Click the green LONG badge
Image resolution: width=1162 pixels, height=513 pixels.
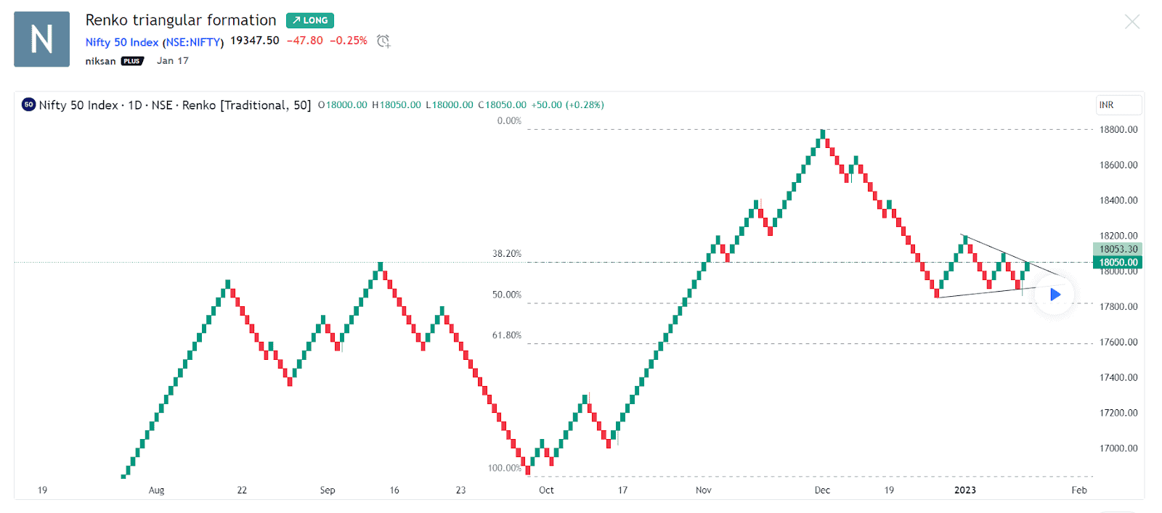[309, 20]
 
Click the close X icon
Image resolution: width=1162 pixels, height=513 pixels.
[1131, 22]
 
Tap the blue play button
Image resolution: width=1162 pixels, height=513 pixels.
[1055, 295]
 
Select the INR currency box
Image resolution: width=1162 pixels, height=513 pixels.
[1118, 105]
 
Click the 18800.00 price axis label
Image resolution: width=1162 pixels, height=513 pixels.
[1118, 130]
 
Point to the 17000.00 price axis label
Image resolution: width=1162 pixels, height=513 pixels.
[1118, 448]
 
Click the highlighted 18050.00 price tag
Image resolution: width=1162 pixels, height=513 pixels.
[1118, 263]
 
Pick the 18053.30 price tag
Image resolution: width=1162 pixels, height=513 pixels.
[1118, 249]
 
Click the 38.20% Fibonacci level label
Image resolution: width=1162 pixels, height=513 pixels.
[507, 254]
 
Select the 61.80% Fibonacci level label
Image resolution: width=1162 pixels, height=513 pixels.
[507, 335]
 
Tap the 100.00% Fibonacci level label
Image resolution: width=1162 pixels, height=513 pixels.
[505, 468]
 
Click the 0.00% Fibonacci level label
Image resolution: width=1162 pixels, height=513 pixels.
[509, 121]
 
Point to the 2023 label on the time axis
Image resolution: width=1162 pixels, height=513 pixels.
[964, 491]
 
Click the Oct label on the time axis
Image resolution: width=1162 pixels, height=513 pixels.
[546, 491]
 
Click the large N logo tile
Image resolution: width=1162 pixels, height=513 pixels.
[42, 39]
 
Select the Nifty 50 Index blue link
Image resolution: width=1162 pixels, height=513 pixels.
[122, 42]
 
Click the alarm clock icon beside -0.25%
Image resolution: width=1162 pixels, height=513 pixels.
[383, 41]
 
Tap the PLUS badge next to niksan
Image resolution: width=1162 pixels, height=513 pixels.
[132, 61]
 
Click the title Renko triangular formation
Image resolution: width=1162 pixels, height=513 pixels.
[181, 20]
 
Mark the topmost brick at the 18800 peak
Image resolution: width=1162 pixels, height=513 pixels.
[823, 134]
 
